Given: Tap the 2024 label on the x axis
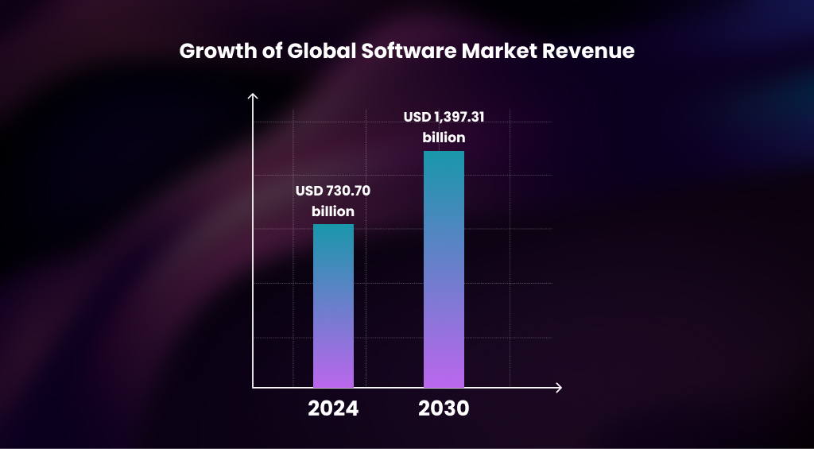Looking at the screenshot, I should click(x=333, y=409).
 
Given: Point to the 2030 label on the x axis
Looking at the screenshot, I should click(x=444, y=409).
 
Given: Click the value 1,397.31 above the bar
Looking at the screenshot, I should click(x=459, y=118).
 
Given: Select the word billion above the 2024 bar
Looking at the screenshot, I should click(x=333, y=211).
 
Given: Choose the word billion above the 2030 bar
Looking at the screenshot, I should click(x=444, y=137).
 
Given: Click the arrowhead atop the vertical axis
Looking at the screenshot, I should click(x=253, y=97).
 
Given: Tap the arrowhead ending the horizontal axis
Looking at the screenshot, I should click(x=559, y=388).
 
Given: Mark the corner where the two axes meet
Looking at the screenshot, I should click(x=253, y=388).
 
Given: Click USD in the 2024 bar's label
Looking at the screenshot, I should click(x=308, y=192).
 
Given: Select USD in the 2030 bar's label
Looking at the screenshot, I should click(x=417, y=118).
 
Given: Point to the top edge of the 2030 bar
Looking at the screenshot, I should click(x=444, y=152).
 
